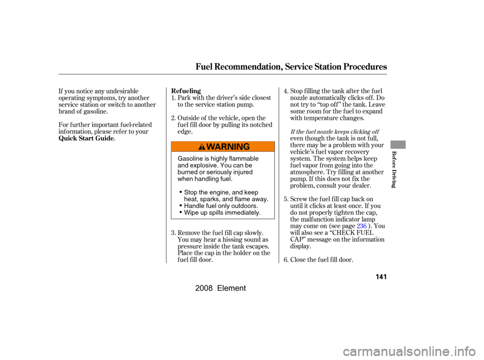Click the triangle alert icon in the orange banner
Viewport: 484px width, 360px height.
pos(202,147)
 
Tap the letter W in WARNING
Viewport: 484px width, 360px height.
pos(210,147)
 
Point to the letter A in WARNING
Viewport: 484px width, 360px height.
pos(217,147)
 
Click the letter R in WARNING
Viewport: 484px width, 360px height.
pos(223,147)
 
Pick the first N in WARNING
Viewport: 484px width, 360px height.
pos(229,147)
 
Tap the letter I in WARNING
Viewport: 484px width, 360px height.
pos(234,147)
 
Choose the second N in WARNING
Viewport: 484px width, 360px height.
pos(238,147)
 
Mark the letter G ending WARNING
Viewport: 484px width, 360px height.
pos(246,147)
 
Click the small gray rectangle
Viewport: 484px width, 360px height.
pos(398,145)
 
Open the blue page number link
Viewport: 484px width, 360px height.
pos(361,226)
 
